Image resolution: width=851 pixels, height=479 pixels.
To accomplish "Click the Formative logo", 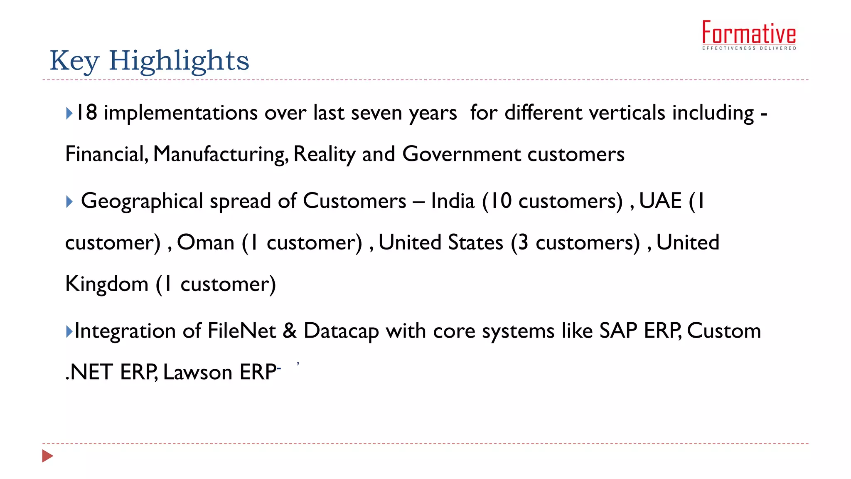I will (x=749, y=33).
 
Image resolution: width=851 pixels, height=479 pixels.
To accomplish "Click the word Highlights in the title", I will (x=179, y=61).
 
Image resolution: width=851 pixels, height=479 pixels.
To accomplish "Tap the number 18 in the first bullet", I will (x=87, y=113).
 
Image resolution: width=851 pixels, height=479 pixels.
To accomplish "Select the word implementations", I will (x=181, y=113).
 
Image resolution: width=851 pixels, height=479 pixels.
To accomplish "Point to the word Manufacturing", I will (x=221, y=154).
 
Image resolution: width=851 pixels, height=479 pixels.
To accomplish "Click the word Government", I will (x=461, y=154).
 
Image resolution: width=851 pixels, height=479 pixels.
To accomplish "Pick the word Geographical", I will (x=142, y=201).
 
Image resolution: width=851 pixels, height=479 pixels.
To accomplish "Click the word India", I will (x=453, y=201).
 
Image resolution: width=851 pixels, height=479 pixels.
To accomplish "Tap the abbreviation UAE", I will (x=660, y=201).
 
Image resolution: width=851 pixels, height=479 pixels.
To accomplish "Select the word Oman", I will (x=206, y=243).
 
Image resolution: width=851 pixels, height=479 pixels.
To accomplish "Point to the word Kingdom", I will (x=107, y=284).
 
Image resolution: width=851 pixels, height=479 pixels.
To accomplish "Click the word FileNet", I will (x=241, y=331).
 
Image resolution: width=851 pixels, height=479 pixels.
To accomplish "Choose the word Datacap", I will (x=341, y=331).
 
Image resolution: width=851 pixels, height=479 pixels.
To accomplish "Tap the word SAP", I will (x=618, y=331).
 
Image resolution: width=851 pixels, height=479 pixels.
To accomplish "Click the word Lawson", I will (x=197, y=372).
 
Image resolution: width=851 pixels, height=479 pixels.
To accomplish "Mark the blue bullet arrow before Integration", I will (x=69, y=331).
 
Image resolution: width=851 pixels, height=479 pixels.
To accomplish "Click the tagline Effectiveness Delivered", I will (x=749, y=48).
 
